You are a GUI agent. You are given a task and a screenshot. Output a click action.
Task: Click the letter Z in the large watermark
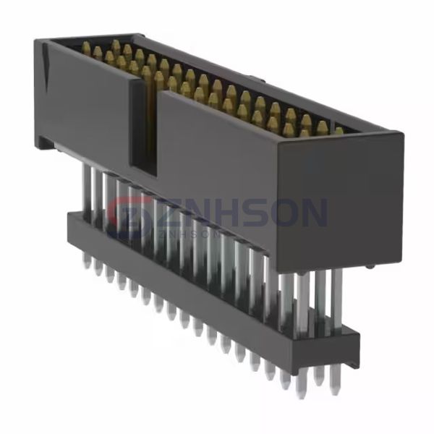coord(169,213)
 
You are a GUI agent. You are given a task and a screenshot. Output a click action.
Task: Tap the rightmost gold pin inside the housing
coord(339,131)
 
